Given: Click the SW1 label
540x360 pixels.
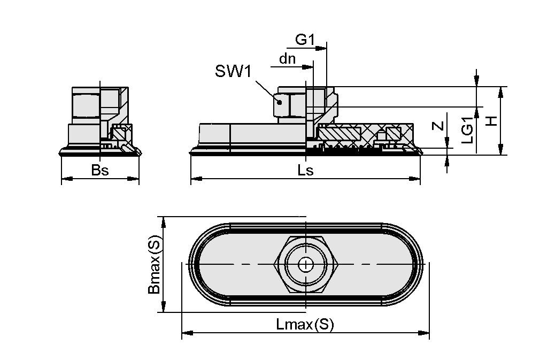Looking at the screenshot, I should click(x=233, y=72).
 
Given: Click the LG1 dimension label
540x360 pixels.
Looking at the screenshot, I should click(x=467, y=130).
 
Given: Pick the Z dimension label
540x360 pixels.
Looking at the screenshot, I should click(x=438, y=127).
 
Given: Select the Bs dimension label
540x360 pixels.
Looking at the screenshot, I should click(x=100, y=171).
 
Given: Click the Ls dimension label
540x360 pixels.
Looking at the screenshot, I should click(x=305, y=171).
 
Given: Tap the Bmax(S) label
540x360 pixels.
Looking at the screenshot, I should click(x=154, y=266).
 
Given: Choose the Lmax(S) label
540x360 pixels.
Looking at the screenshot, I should click(x=305, y=324).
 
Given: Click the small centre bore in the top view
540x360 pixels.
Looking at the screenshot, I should click(x=305, y=264).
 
